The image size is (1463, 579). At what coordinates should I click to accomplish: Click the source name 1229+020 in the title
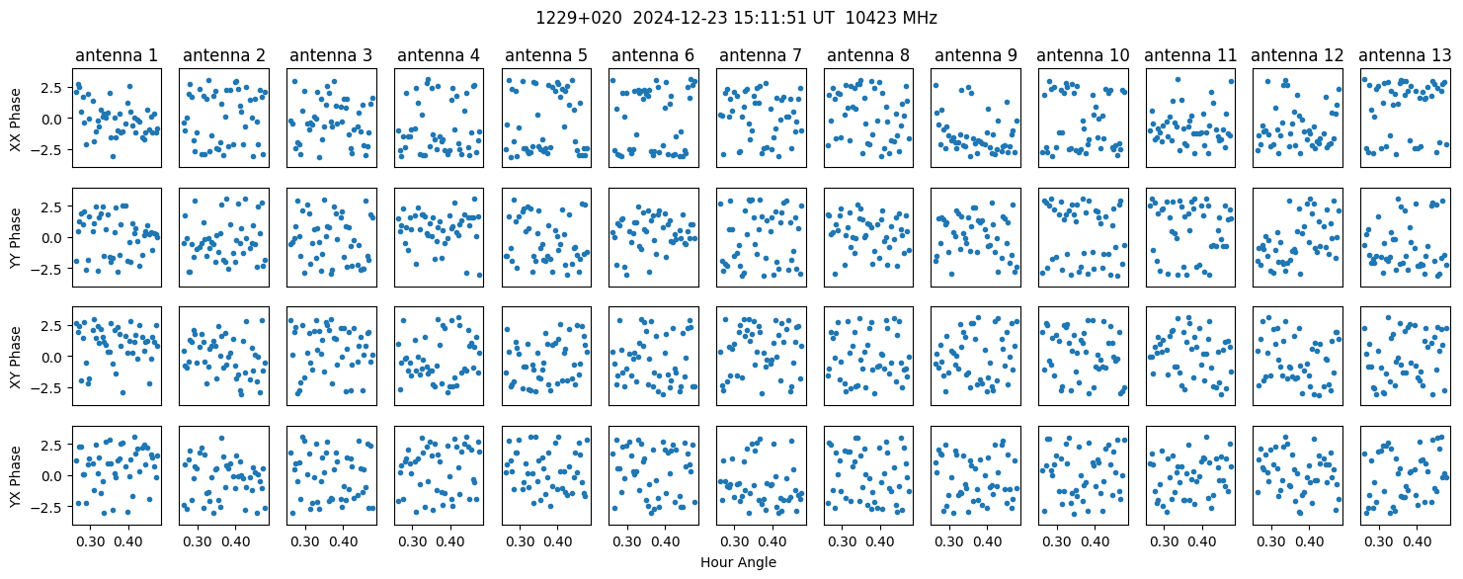click(579, 19)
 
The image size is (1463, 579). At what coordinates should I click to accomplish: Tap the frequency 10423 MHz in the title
click(891, 19)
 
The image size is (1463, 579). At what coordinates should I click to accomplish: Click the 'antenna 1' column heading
click(117, 56)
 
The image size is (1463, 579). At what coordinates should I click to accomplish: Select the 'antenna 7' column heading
click(761, 56)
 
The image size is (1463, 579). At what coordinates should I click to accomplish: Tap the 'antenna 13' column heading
click(1405, 56)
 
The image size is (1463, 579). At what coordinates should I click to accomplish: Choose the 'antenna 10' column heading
click(1083, 56)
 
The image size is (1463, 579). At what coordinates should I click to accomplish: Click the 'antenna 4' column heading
click(439, 56)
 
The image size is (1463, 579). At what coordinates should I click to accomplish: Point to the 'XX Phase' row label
click(16, 119)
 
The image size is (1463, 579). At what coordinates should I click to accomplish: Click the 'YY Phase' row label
click(16, 238)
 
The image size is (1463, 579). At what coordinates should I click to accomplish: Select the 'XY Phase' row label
click(16, 357)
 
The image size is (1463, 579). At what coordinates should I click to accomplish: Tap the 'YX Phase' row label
click(16, 475)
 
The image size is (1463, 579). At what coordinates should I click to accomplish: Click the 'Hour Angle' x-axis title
click(738, 562)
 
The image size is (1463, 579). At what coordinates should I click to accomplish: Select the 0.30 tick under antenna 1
click(90, 541)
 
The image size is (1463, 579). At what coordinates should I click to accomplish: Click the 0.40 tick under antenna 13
click(1417, 541)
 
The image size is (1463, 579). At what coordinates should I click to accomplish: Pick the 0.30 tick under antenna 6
click(627, 541)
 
